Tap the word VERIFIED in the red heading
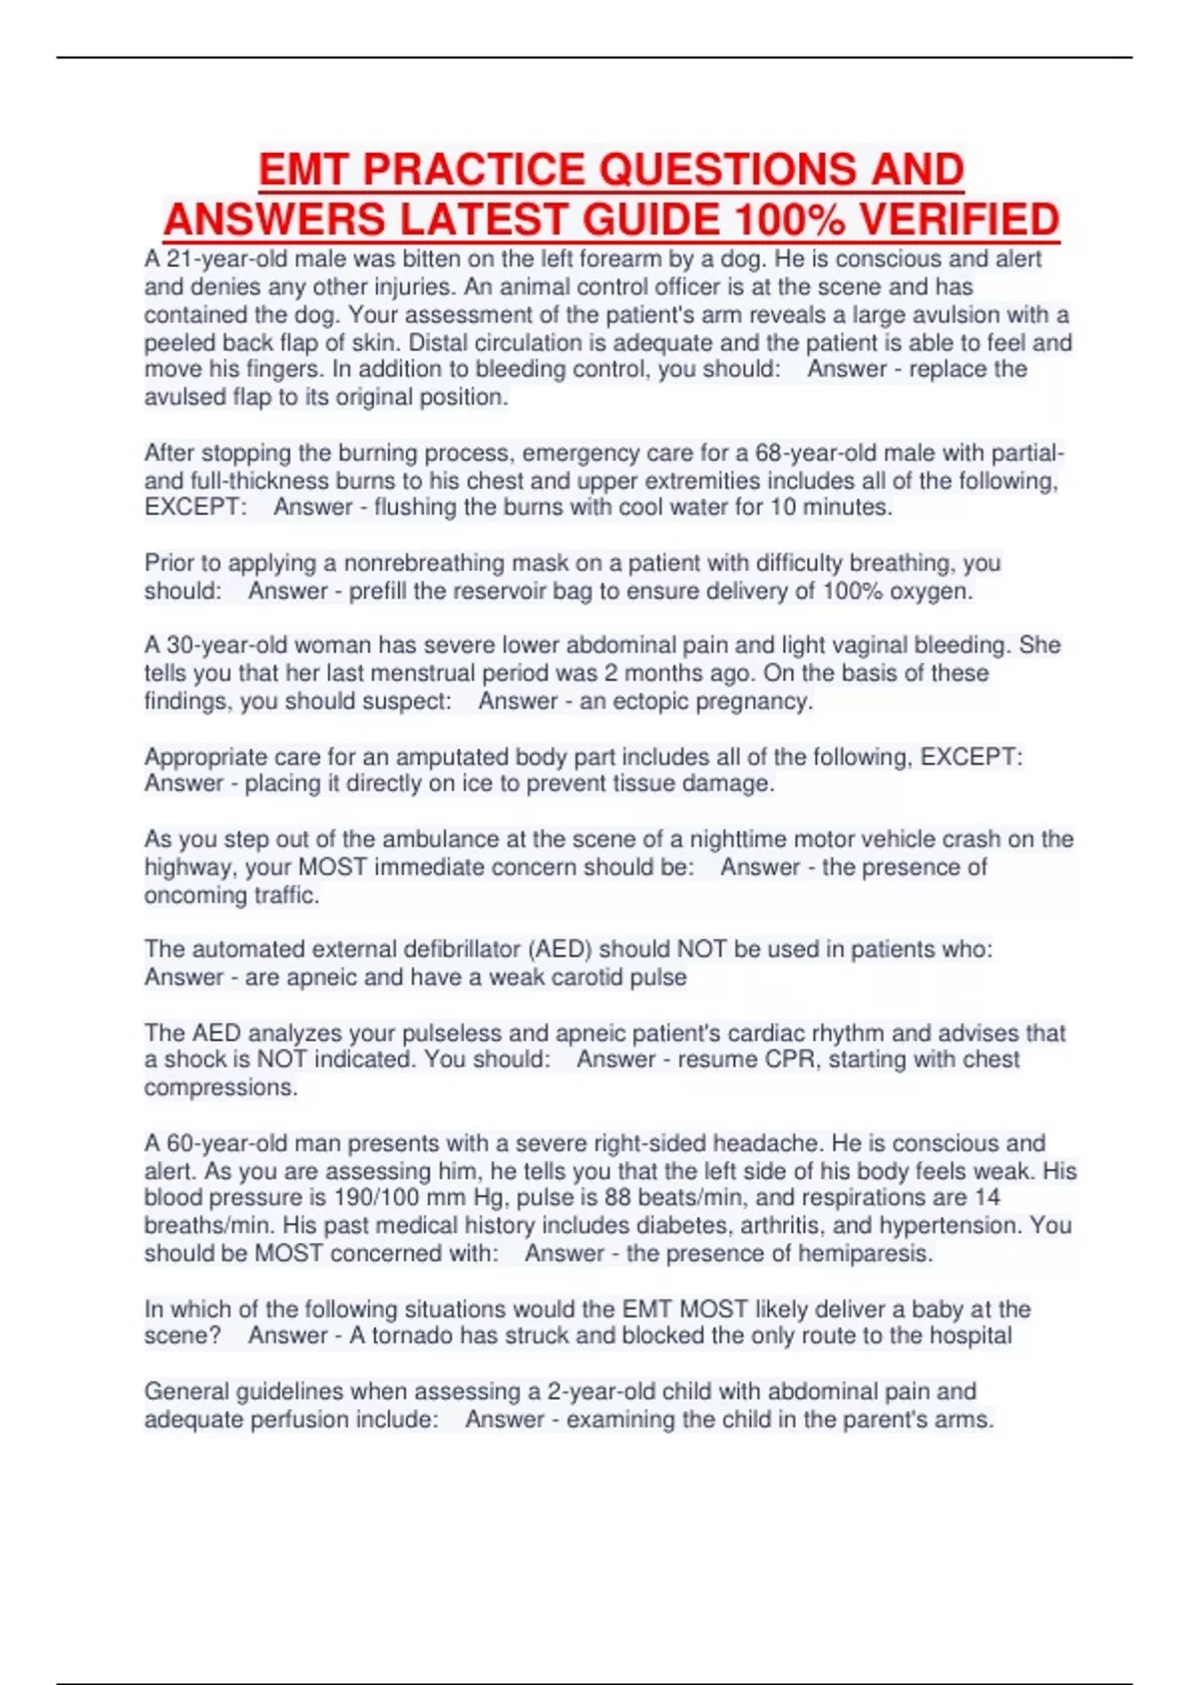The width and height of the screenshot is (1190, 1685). pos(958,219)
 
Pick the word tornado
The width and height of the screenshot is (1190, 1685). pos(413,1335)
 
